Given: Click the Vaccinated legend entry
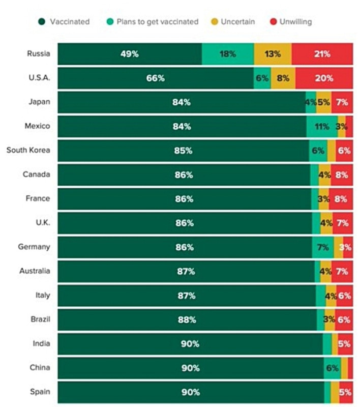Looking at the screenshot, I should pyautogui.click(x=65, y=21).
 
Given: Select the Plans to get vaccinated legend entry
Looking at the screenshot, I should pyautogui.click(x=152, y=21).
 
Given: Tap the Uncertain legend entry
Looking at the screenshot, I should pyautogui.click(x=233, y=21).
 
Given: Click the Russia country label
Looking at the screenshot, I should pyautogui.click(x=39, y=54).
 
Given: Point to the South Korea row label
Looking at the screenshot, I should pyautogui.click(x=28, y=150).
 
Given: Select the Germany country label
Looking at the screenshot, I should pyautogui.click(x=34, y=247).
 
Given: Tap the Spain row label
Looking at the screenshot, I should pyautogui.click(x=40, y=392).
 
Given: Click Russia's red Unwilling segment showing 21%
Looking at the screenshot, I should pyautogui.click(x=322, y=54).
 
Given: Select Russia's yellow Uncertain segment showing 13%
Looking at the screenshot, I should pyautogui.click(x=273, y=54).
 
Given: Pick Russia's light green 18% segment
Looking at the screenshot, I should pyautogui.click(x=228, y=54).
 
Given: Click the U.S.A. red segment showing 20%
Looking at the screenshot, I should pyautogui.click(x=324, y=78).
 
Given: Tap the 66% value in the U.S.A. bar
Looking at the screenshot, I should pyautogui.click(x=155, y=78).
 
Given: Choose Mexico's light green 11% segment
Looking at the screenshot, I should pyautogui.click(x=321, y=127).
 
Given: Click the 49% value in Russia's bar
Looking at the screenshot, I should pyautogui.click(x=129, y=54).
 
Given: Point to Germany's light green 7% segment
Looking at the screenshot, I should pyautogui.click(x=323, y=247).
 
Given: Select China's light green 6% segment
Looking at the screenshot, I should pyautogui.click(x=333, y=368).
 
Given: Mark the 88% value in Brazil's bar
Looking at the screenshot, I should pyautogui.click(x=187, y=319).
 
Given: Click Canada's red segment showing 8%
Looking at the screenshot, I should pyautogui.click(x=341, y=175).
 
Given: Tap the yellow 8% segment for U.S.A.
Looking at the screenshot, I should pyautogui.click(x=283, y=78).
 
